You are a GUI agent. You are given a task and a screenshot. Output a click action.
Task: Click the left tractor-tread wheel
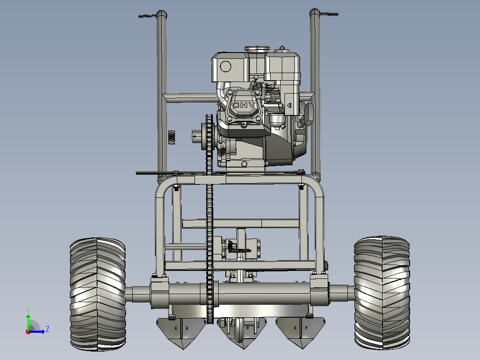[98, 294]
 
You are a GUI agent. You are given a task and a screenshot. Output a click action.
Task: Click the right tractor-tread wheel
[382, 293]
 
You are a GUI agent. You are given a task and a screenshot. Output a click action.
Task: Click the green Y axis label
[28, 310]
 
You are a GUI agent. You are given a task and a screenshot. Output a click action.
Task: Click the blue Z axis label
[48, 329]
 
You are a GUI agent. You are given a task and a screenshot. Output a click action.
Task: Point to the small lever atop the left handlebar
[147, 16]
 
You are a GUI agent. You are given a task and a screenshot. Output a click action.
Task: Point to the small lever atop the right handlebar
[329, 14]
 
